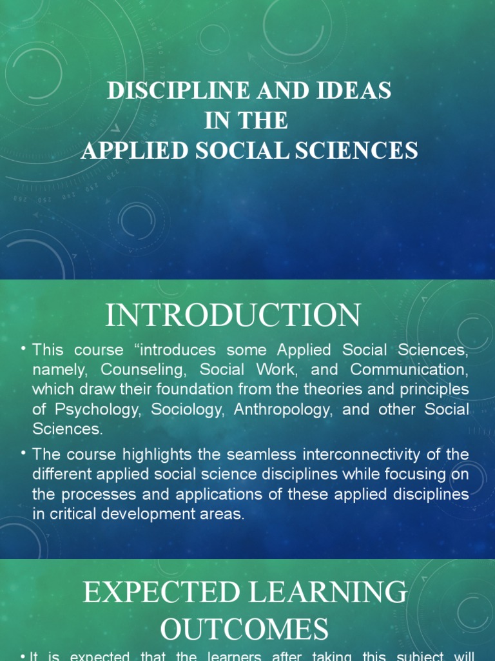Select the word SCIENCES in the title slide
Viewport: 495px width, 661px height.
(365, 150)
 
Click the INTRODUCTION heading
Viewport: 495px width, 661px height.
(233, 315)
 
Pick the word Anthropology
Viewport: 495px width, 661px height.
(282, 409)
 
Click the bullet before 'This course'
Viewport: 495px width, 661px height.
(22, 349)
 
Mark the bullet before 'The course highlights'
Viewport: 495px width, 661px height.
(22, 453)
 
